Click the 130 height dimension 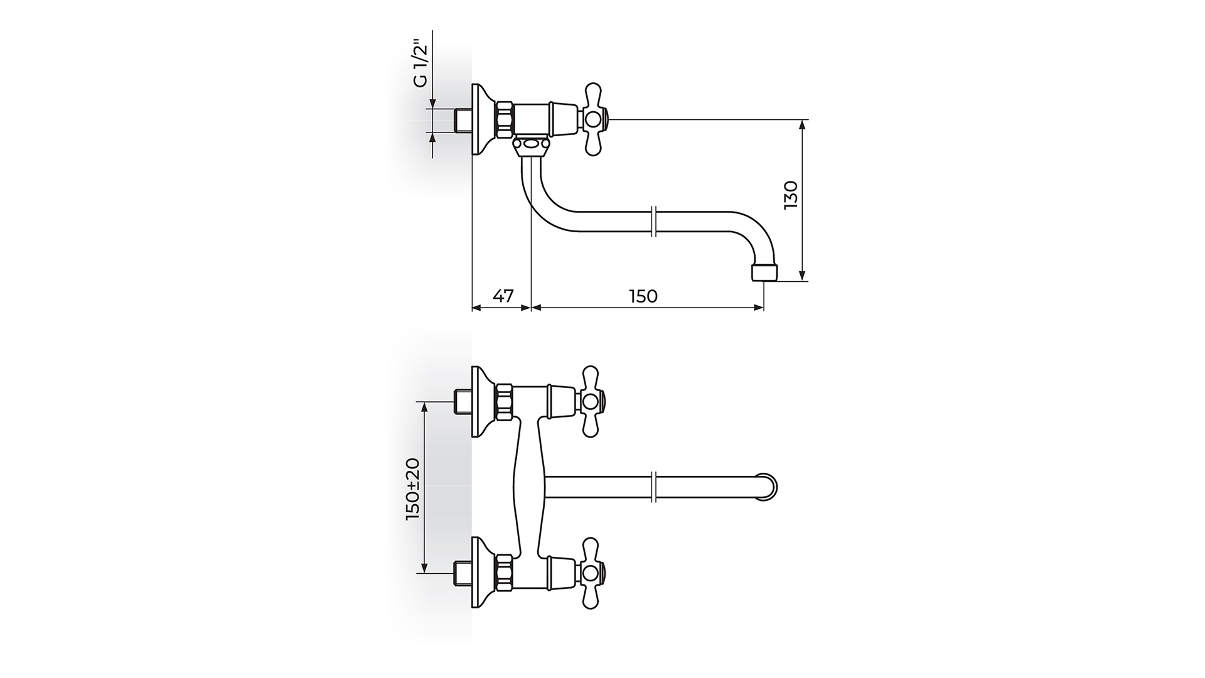(791, 195)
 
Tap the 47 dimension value (502, 296)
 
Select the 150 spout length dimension (643, 296)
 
